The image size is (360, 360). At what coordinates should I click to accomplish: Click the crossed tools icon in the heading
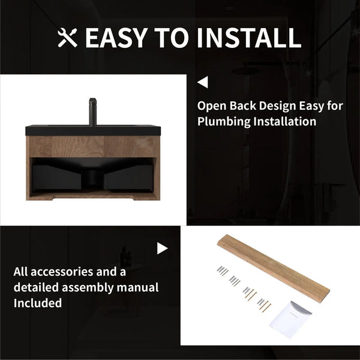click(x=67, y=38)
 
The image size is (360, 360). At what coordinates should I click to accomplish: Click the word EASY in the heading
click(x=116, y=38)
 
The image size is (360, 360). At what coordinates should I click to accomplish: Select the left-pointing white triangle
click(x=203, y=82)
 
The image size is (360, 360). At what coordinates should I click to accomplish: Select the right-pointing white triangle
click(x=163, y=248)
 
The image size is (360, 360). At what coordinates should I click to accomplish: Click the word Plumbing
click(x=224, y=122)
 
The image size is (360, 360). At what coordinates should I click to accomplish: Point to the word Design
click(x=277, y=106)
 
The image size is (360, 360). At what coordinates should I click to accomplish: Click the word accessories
click(x=62, y=272)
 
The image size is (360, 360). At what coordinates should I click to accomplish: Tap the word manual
click(x=137, y=287)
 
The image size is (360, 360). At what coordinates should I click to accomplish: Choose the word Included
click(x=38, y=303)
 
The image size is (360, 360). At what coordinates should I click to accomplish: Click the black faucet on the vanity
click(x=93, y=112)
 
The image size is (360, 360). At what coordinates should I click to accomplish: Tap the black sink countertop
click(x=93, y=130)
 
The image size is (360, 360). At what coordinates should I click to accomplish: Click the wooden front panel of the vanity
click(x=93, y=146)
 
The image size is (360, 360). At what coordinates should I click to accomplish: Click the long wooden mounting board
click(x=274, y=268)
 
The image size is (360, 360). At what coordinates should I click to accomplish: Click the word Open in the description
click(x=212, y=106)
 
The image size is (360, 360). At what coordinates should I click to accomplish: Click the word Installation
click(x=284, y=121)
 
